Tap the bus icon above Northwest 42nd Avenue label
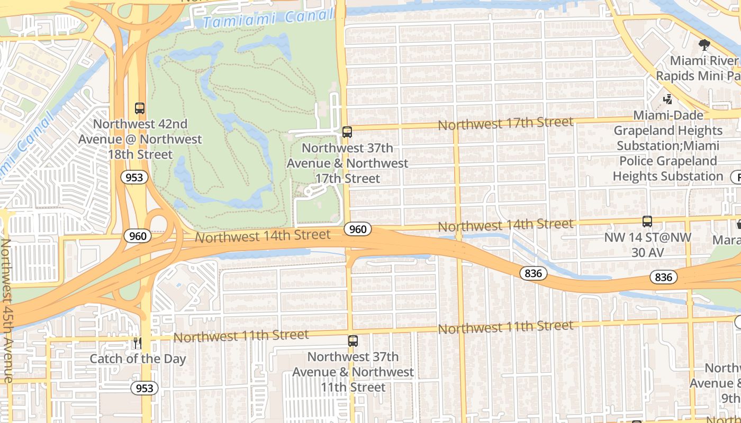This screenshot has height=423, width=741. tap(140, 108)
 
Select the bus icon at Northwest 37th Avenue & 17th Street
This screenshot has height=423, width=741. tap(347, 132)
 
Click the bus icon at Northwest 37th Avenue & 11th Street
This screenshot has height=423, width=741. tap(353, 341)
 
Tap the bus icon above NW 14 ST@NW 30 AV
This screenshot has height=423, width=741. tap(647, 222)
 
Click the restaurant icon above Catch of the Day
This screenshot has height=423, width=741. tap(138, 343)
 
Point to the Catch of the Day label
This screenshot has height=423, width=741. tap(138, 359)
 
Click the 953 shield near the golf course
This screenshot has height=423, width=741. tap(134, 178)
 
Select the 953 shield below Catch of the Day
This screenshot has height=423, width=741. tap(144, 389)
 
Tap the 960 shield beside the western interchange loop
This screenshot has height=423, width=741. tap(138, 236)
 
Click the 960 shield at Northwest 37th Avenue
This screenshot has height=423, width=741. tap(358, 229)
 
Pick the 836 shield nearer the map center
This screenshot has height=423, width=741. tap(534, 273)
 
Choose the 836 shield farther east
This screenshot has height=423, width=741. tap(663, 277)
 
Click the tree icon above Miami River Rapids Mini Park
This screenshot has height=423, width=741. tap(704, 45)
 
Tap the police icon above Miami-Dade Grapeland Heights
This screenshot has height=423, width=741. tap(668, 99)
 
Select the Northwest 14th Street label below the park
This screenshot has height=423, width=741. tap(263, 236)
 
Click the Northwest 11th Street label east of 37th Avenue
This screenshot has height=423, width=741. tap(505, 327)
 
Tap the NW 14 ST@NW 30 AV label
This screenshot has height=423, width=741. tap(647, 245)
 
